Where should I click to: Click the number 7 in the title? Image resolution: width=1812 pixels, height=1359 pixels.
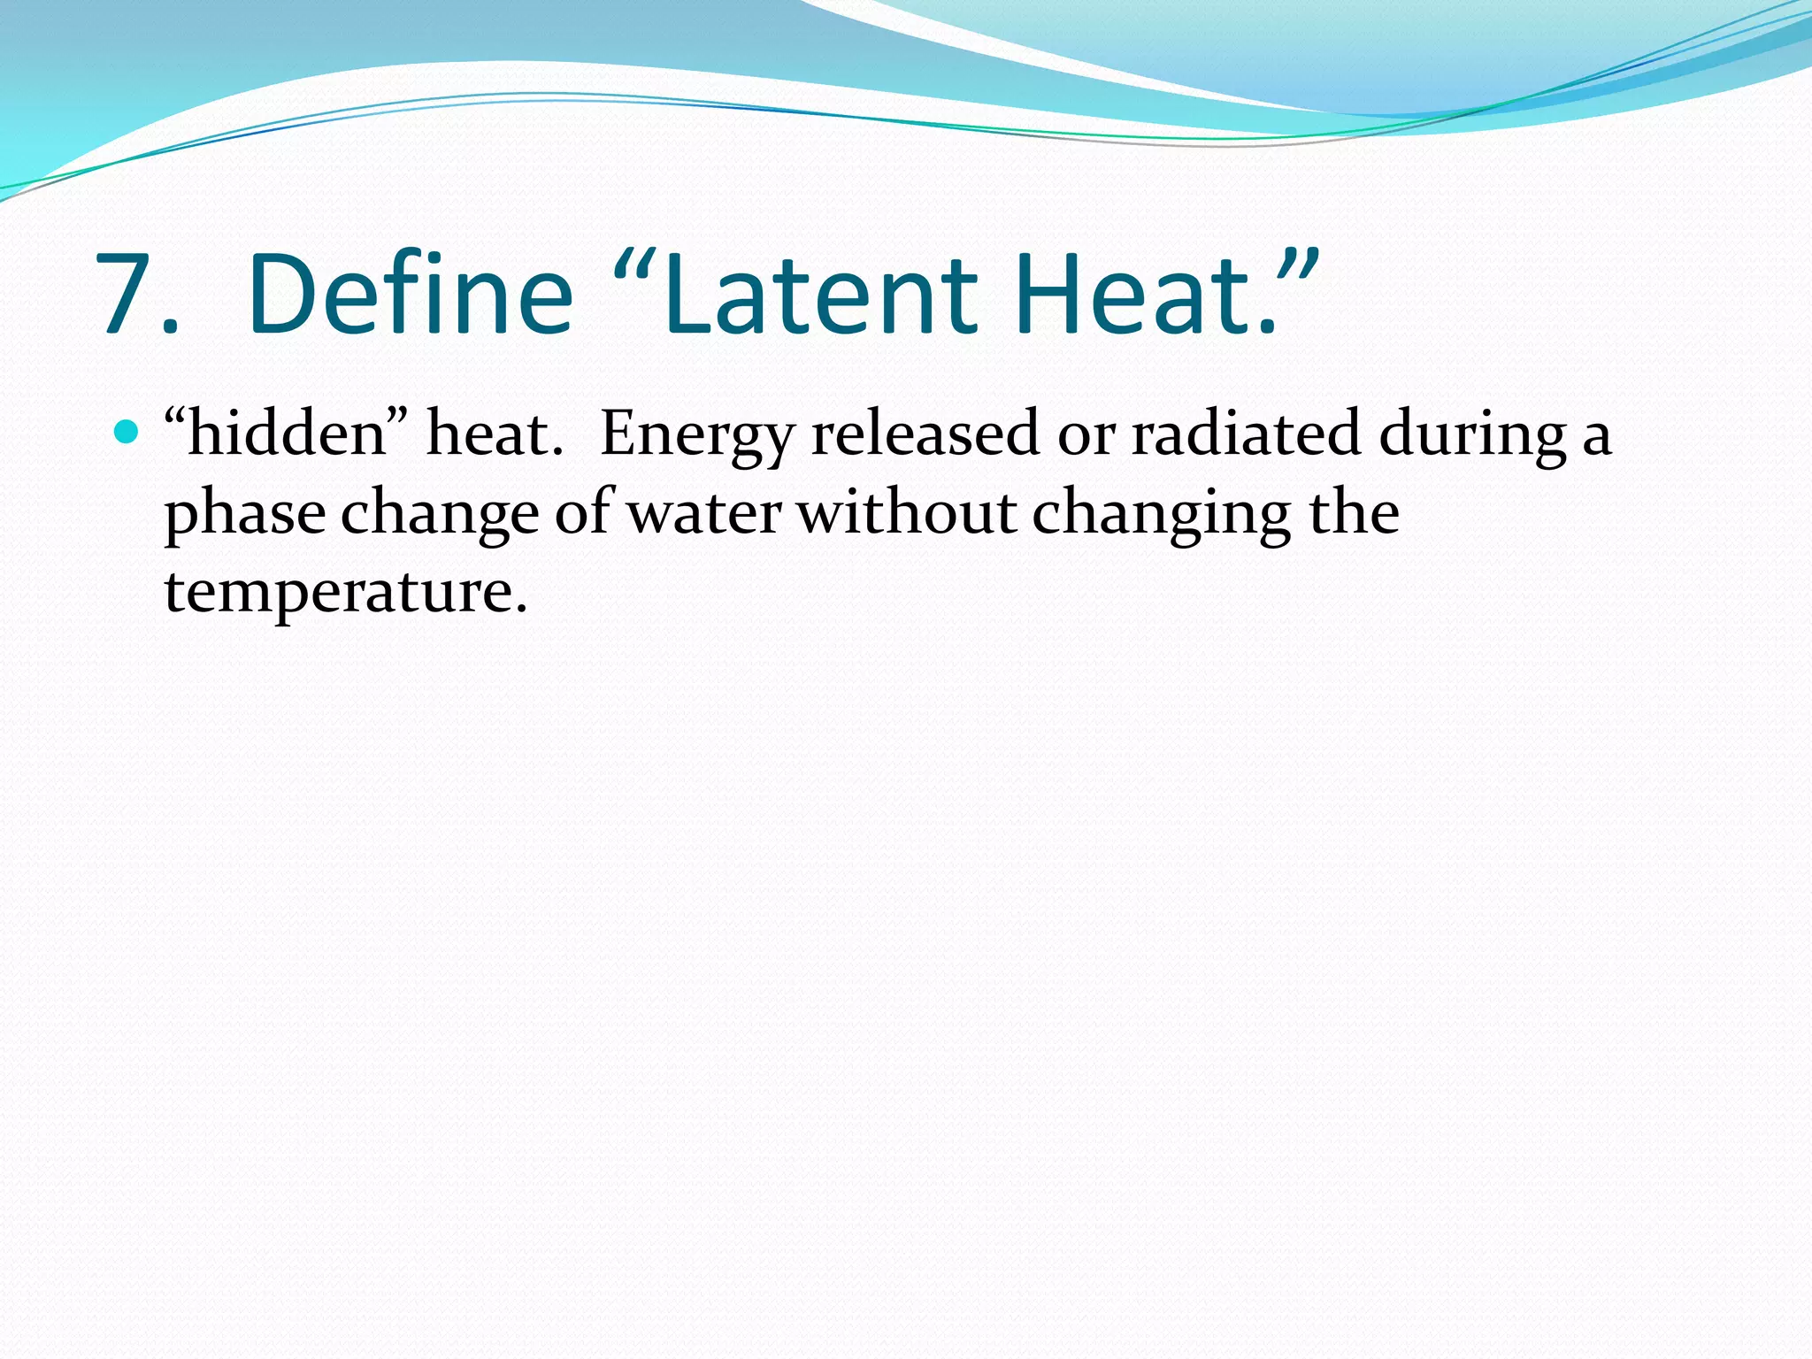[x=128, y=295]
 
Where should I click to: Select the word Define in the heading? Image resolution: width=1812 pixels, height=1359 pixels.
[x=411, y=295]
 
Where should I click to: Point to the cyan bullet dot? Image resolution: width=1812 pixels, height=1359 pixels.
[x=127, y=433]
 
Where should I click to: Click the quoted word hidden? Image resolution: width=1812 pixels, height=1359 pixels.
[x=288, y=434]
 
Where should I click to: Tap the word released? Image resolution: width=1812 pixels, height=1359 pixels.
[x=925, y=434]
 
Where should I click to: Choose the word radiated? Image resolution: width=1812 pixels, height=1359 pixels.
[x=1246, y=434]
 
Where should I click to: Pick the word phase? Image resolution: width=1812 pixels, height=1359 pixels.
[x=245, y=514]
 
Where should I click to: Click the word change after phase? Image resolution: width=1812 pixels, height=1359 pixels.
[x=440, y=514]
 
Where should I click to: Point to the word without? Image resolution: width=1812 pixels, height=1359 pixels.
[x=907, y=512]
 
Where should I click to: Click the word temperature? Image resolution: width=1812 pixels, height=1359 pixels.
[x=346, y=592]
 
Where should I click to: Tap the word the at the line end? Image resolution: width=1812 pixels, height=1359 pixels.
[x=1354, y=512]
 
